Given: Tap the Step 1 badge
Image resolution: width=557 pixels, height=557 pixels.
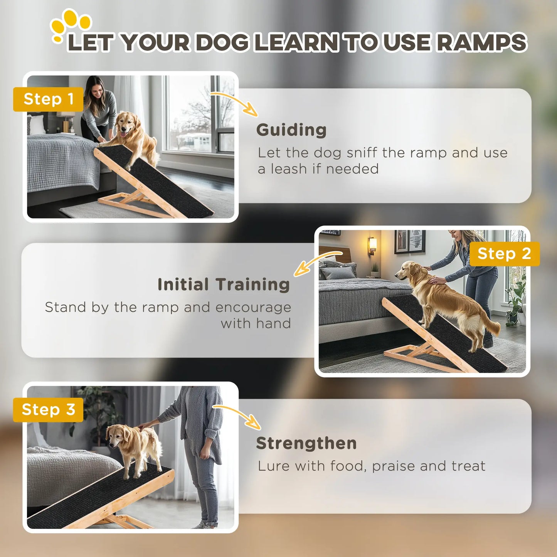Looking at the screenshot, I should pos(48,99).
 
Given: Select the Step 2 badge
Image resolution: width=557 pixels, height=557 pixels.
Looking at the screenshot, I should pos(504,254).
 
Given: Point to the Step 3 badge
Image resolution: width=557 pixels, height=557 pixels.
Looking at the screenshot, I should pos(48,410).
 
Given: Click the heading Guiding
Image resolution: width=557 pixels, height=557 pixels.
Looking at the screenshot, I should pos(291,130).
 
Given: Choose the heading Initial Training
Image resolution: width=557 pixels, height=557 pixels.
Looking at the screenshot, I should pos(224,284).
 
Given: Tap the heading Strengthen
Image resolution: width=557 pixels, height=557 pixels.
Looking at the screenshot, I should pos(306,443).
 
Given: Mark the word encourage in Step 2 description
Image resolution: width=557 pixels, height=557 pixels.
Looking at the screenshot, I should pos(253,307).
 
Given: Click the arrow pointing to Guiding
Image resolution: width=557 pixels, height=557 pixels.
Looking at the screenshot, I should pos(236,103).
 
